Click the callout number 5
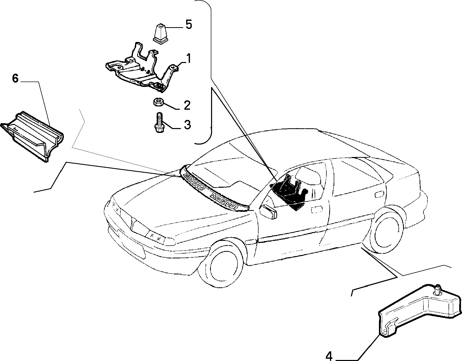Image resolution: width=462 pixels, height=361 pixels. tap(188, 25)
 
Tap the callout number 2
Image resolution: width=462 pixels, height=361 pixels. tap(187, 105)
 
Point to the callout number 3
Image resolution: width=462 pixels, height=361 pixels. tap(187, 125)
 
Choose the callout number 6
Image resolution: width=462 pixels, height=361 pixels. tap(15, 79)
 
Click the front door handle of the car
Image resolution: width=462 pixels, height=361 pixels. tap(316, 209)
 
